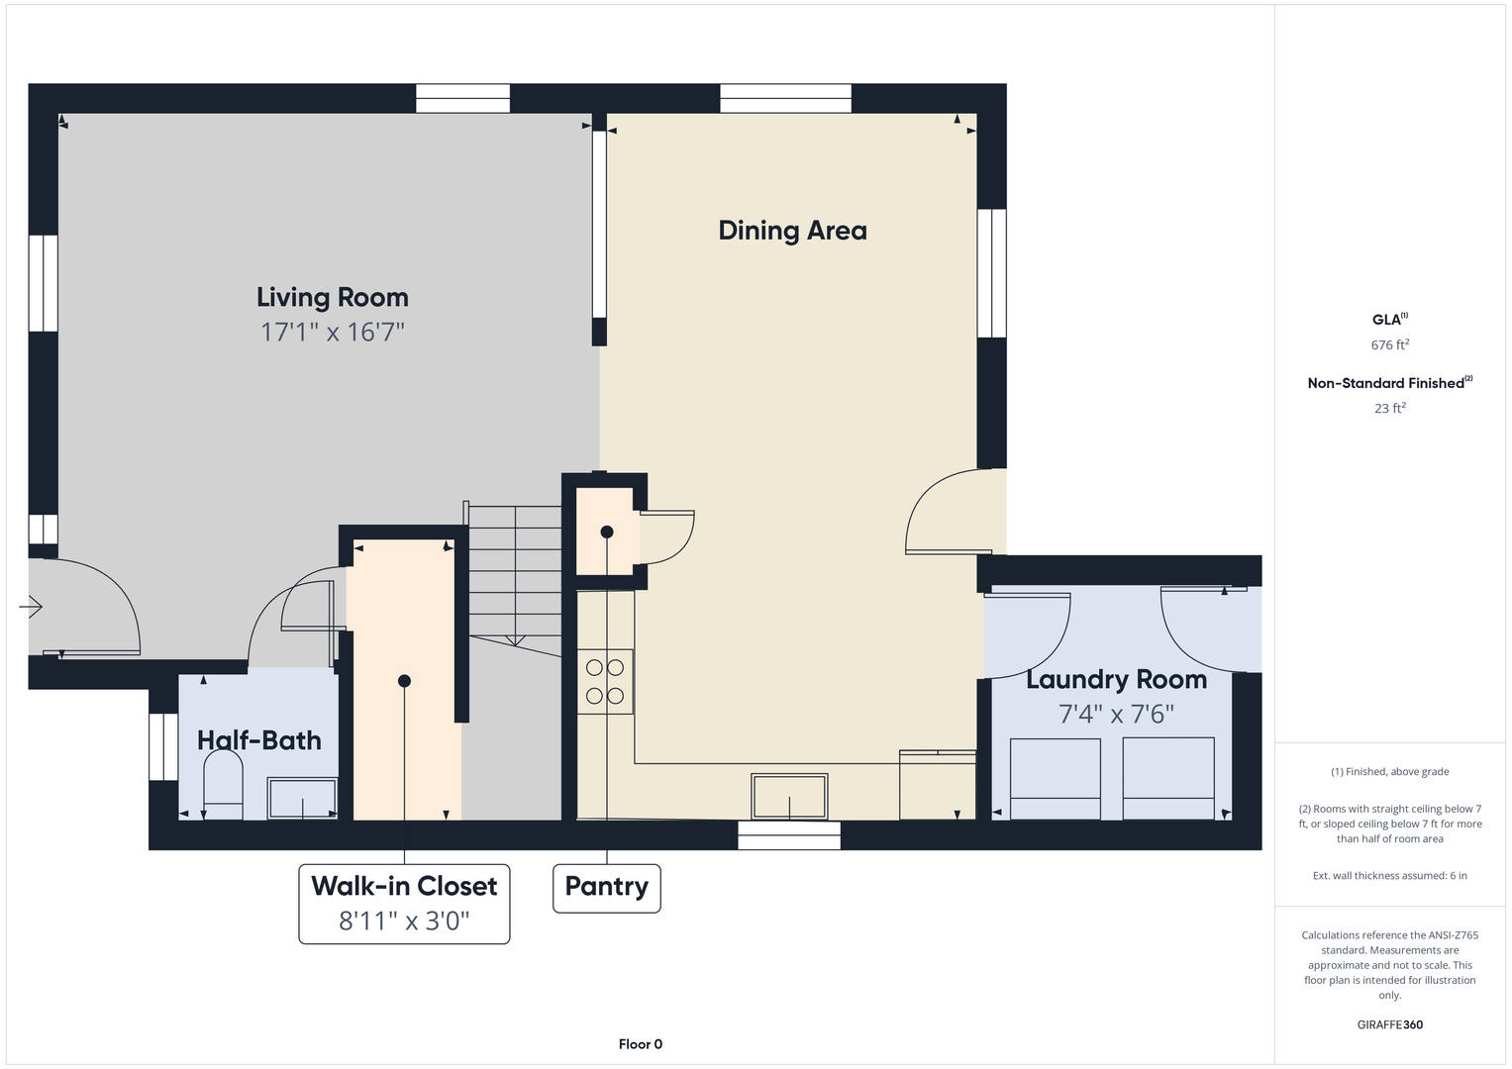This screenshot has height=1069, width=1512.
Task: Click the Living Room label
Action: point(332,298)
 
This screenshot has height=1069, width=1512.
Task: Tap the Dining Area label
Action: point(792,231)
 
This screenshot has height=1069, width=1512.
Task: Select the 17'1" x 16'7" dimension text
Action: point(332,332)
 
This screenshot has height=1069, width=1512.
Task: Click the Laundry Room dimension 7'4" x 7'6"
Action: point(1117,714)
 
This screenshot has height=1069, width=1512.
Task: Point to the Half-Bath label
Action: point(259,740)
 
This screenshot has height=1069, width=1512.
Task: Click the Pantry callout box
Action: point(607,888)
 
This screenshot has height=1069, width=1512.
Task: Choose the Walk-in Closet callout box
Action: point(404,904)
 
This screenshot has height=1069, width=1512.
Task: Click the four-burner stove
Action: point(605,682)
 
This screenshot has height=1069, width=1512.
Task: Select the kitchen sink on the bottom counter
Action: point(789,797)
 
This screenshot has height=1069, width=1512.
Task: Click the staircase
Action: point(515,578)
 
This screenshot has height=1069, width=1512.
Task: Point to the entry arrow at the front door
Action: point(31,607)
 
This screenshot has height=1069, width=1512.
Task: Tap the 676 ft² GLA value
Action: point(1390,344)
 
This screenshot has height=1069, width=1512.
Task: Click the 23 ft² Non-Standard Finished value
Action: point(1390,408)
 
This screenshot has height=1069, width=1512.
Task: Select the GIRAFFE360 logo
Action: point(1390,1024)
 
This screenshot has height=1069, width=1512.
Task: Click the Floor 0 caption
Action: point(641,1044)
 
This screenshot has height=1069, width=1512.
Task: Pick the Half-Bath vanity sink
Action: point(302,799)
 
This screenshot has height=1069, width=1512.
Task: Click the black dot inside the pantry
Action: point(607,532)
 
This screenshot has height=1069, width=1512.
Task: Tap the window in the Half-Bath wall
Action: point(163,746)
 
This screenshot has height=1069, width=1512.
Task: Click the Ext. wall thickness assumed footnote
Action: point(1390,875)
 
